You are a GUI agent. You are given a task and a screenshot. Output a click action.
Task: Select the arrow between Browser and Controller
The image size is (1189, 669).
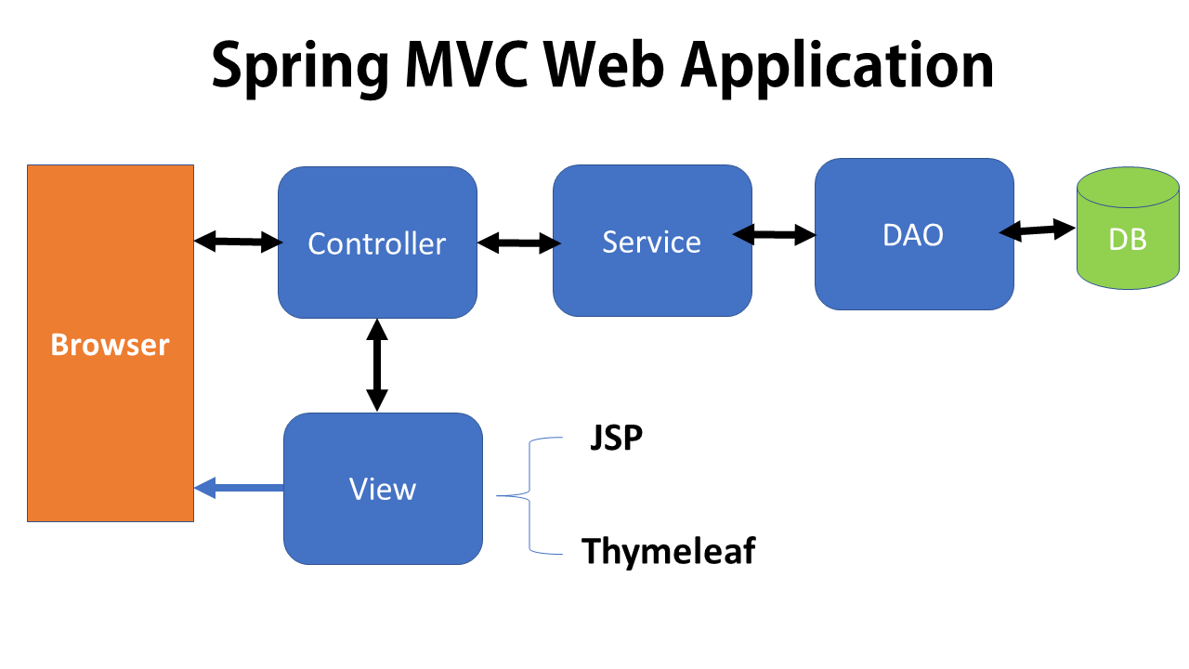point(237,243)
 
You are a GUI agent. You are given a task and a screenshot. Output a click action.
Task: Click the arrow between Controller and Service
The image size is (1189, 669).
point(518,243)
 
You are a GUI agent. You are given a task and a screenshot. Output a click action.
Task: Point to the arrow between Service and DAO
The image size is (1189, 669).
point(774,236)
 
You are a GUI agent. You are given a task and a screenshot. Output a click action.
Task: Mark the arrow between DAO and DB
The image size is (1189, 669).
point(1038,230)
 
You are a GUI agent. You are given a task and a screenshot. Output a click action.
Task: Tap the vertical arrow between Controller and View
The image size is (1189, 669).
point(376,364)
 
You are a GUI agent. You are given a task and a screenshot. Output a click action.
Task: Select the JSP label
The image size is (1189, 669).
point(617,437)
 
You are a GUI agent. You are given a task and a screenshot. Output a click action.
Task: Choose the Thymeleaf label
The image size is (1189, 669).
point(668,551)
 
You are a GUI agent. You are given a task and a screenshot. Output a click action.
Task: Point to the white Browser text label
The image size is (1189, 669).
point(110,346)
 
